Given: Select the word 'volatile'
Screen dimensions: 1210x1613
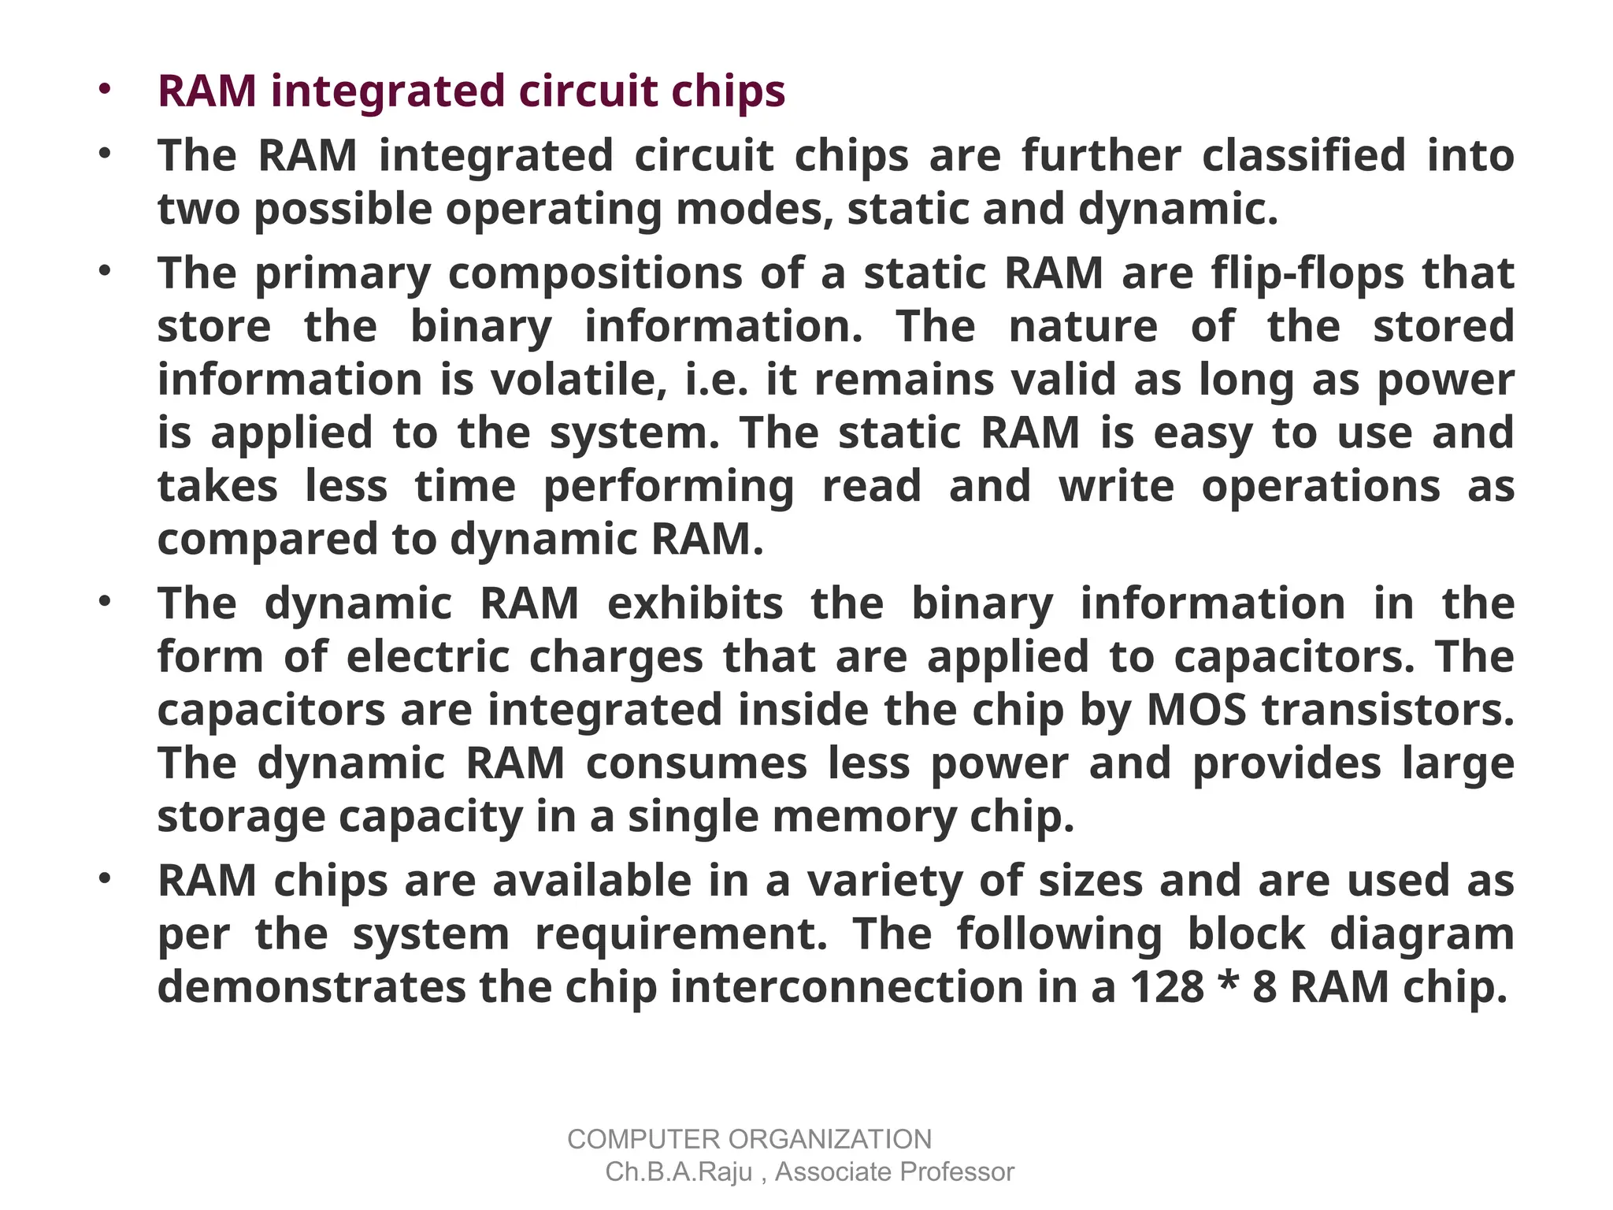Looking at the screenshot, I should [573, 380].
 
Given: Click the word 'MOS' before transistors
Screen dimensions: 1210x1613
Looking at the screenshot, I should [1196, 710].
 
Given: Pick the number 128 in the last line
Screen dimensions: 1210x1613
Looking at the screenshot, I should [1167, 987].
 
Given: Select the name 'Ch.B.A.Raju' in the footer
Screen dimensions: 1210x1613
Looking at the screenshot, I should [679, 1172].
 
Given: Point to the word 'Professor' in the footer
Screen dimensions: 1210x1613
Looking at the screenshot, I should [955, 1172].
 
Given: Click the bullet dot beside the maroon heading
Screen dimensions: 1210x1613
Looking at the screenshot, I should [104, 90].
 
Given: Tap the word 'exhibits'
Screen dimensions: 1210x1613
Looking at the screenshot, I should [695, 603].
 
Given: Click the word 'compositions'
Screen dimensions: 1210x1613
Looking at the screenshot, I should [595, 273].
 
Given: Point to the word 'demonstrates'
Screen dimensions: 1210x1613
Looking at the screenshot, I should [312, 987].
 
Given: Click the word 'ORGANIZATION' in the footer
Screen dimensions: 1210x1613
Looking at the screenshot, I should [829, 1139].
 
